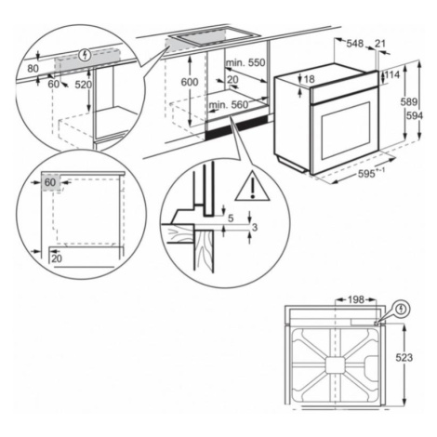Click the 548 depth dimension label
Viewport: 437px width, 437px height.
click(354, 44)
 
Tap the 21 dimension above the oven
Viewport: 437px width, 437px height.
click(379, 44)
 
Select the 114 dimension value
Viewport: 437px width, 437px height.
click(392, 74)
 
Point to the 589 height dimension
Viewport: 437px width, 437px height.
click(409, 101)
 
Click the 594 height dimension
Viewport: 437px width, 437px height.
click(415, 115)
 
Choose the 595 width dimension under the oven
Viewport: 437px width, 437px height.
click(366, 174)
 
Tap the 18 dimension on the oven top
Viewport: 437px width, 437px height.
click(309, 79)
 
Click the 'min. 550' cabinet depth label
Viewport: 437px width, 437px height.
click(245, 62)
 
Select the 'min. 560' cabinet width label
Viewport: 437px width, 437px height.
click(229, 105)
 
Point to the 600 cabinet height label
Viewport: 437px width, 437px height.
click(190, 82)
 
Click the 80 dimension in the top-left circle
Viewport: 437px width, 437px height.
click(33, 68)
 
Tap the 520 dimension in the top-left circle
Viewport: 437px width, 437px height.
click(84, 85)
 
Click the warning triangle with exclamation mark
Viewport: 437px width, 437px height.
click(252, 186)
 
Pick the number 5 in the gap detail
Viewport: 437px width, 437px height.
click(231, 218)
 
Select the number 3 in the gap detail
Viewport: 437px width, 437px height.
click(255, 228)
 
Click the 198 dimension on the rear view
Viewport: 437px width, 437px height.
click(356, 299)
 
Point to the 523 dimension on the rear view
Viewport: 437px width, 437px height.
click(404, 358)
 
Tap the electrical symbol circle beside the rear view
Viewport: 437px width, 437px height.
click(402, 309)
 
